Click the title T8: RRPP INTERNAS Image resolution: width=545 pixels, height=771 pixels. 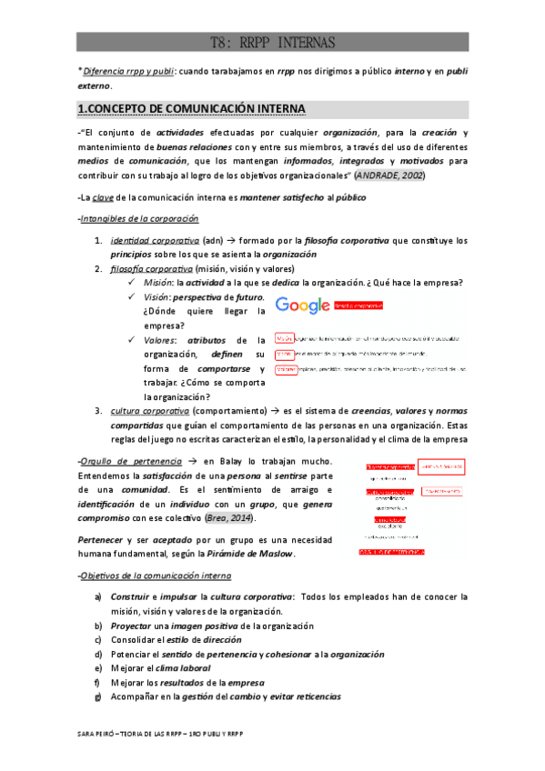click(x=272, y=42)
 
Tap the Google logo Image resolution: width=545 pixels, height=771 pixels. click(x=302, y=306)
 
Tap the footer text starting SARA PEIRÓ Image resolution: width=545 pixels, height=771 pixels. click(x=163, y=733)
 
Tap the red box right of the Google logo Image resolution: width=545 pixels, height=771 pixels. click(x=358, y=306)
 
